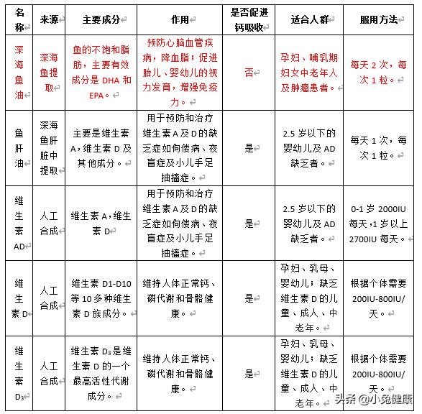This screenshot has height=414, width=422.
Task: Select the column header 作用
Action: point(179,19)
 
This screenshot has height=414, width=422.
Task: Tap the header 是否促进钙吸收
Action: point(249,19)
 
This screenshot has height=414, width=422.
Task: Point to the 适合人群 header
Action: point(309,19)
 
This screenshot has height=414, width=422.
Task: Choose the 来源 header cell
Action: point(48,19)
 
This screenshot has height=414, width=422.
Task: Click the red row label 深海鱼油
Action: point(19,72)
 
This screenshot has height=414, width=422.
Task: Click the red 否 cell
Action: point(249,72)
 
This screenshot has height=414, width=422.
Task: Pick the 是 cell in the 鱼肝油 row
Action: point(249,148)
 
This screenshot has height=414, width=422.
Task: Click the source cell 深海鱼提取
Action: point(48,72)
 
